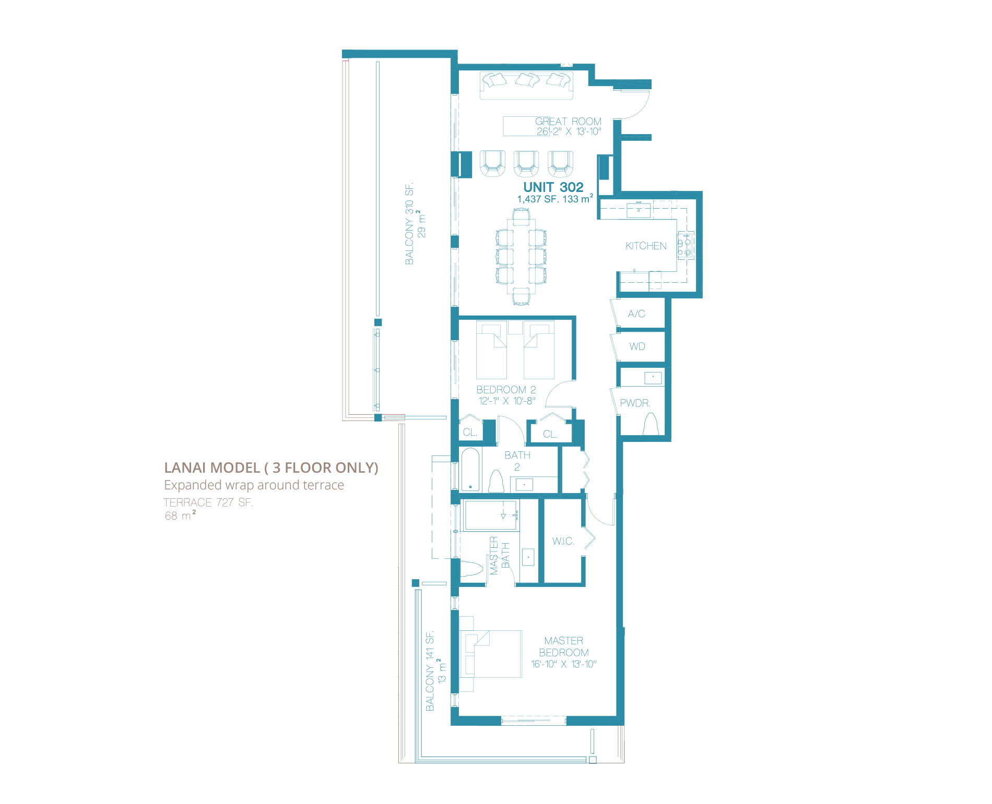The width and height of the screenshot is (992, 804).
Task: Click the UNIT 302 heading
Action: click(553, 187)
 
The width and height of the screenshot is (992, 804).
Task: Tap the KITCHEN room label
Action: click(646, 246)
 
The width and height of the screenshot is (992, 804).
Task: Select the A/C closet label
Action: click(636, 314)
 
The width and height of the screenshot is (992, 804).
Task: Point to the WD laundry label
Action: click(637, 346)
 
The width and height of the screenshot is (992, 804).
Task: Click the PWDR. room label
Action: click(635, 403)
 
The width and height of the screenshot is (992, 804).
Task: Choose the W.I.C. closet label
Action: click(563, 541)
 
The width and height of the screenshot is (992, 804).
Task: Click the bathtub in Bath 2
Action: click(470, 470)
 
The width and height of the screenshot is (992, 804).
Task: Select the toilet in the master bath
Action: click(471, 569)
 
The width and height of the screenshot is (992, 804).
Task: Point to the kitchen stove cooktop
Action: click(685, 246)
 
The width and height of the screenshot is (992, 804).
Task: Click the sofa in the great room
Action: click(526, 86)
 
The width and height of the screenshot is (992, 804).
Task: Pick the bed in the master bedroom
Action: click(491, 654)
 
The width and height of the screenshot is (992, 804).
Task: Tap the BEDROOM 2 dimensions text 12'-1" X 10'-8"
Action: click(507, 401)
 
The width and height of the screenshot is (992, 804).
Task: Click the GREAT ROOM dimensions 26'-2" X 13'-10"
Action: click(569, 131)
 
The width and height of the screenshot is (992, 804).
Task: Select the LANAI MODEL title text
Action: click(271, 467)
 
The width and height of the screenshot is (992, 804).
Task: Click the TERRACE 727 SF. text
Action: click(208, 502)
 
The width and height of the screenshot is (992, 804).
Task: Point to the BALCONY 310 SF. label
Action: click(409, 224)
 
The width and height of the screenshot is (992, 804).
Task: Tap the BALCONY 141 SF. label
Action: click(430, 671)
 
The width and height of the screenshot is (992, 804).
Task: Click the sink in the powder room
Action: click(653, 377)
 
